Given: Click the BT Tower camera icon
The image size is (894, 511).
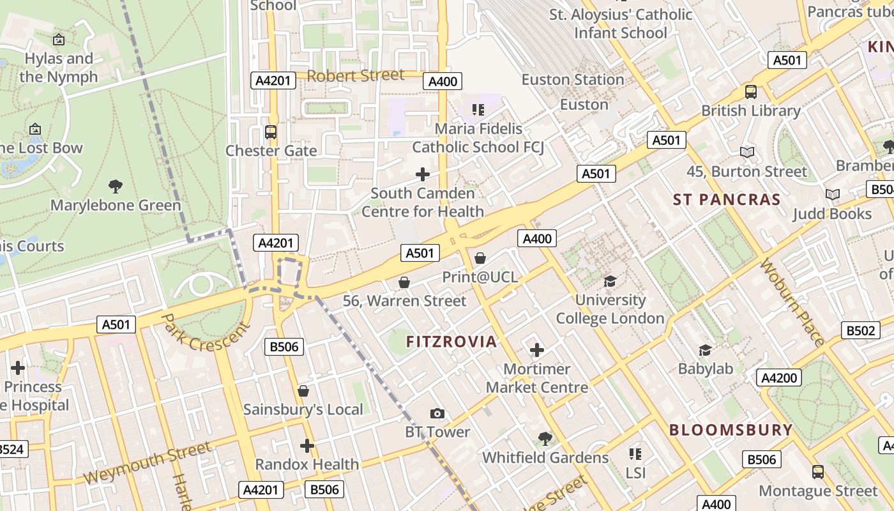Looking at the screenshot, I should coord(437,413).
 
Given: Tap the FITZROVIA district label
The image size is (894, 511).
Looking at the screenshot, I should coord(451,341).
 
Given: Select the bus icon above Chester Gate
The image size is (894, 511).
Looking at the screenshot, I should coord(271,132).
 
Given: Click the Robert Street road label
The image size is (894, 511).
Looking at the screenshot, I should coord(355,75).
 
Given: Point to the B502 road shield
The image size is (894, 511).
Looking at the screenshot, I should coord(860,330).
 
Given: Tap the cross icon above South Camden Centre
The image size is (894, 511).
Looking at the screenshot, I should coord(422,174).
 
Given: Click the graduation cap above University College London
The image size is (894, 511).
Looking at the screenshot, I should coord(610,281).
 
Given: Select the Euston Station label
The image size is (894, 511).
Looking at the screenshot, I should coord(572,80).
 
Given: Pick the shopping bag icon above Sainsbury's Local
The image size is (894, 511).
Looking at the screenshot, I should coord(303,390).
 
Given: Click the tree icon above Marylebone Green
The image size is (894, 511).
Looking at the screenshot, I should coord(116,187).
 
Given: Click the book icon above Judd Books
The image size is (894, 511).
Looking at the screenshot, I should coord(832,194).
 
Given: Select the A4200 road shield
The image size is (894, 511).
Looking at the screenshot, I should coord(779,378).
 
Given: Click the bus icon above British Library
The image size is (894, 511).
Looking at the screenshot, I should coord(751,91).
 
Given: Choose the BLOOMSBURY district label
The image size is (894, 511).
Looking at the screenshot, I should coord(731,430).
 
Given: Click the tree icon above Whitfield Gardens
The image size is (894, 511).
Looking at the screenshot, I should coord(545,438).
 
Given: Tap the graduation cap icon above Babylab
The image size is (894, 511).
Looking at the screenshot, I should coord(705,350).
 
